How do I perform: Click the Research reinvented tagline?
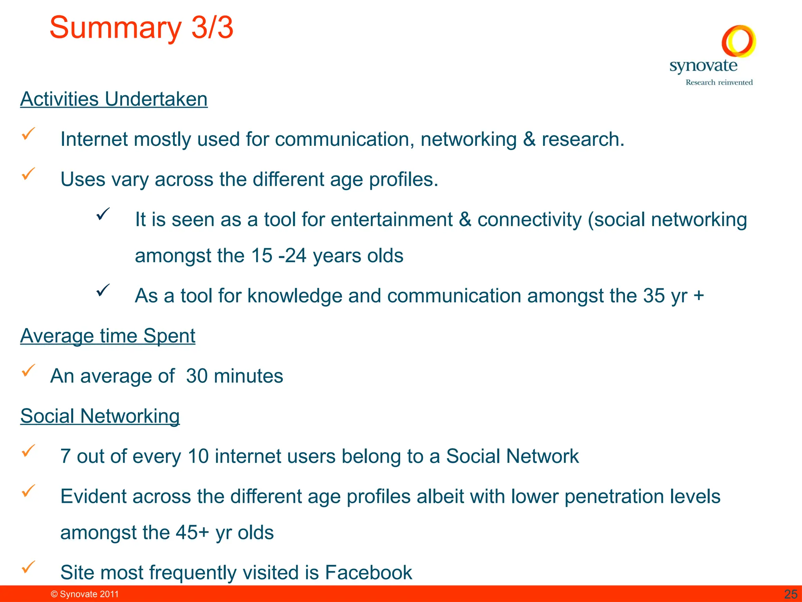pos(719,82)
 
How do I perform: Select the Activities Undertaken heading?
pos(114,99)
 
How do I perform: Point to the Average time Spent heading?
pos(108,336)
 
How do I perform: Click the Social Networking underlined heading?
pos(100,416)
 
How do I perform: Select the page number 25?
pos(791,594)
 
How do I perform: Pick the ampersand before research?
pos(529,140)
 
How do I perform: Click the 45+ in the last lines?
pos(192,533)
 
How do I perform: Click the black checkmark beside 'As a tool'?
pos(103,290)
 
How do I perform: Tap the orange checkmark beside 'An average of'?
pos(28,370)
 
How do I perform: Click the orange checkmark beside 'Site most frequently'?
pos(28,567)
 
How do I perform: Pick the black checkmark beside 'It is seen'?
pos(103,214)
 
